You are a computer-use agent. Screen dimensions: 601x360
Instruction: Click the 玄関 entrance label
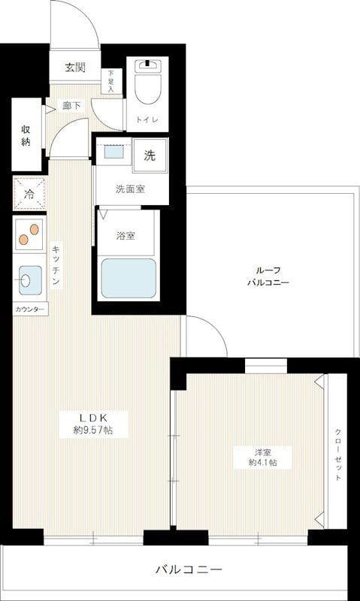pyautogui.click(x=74, y=68)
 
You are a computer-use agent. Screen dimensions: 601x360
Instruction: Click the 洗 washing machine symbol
pyautogui.click(x=150, y=156)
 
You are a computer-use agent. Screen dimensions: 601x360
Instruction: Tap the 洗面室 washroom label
pyautogui.click(x=131, y=189)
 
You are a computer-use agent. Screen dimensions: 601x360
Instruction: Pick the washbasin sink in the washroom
pyautogui.click(x=113, y=152)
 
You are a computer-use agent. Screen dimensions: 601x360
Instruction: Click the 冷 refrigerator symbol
pyautogui.click(x=29, y=194)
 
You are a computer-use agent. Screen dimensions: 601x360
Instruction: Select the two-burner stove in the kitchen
pyautogui.click(x=29, y=234)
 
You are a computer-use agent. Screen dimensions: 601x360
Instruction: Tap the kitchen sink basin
pyautogui.click(x=29, y=282)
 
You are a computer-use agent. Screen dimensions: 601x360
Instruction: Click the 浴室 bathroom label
pyautogui.click(x=126, y=236)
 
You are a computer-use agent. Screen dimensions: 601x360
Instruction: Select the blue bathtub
pyautogui.click(x=129, y=279)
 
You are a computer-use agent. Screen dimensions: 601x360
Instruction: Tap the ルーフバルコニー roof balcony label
pyautogui.click(x=268, y=276)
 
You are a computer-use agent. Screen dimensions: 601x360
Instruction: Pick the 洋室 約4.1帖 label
pyautogui.click(x=262, y=457)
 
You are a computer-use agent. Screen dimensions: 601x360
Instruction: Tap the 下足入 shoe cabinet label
pyautogui.click(x=111, y=82)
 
